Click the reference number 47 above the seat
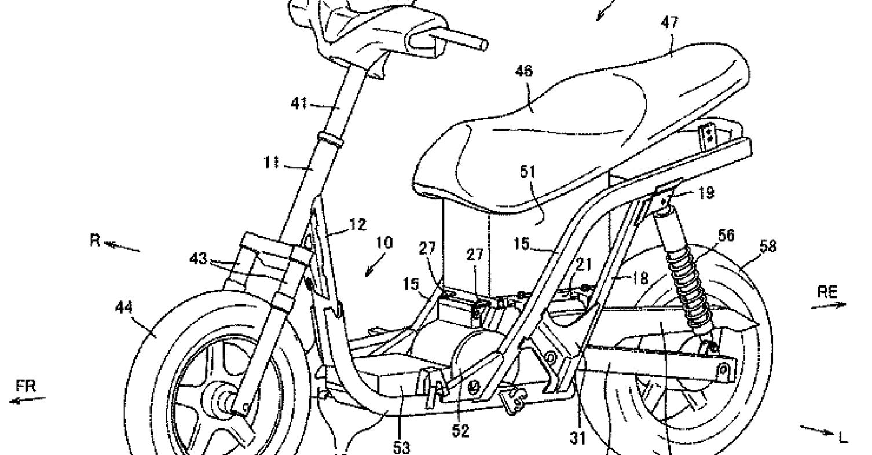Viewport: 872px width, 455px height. pos(669,23)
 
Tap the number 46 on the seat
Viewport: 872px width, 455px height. pos(524,71)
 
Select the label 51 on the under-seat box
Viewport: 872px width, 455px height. pos(528,172)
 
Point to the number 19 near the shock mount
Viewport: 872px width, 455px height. pos(706,192)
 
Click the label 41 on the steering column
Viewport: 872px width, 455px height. pos(299,104)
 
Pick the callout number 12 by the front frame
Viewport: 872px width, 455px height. pos(358,225)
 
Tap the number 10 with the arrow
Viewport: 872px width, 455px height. pos(384,243)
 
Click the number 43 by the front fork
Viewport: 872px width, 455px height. pos(198,258)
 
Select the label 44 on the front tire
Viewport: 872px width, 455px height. pos(124,308)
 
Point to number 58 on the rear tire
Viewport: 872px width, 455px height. pos(768,247)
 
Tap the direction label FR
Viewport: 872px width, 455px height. pos(26,387)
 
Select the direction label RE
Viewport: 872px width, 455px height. pos(827,292)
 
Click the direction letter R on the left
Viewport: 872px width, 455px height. pos(95,241)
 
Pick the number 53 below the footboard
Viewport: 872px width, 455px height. pos(401,447)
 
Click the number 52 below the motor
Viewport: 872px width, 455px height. pos(460,431)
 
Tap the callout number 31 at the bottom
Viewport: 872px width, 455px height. pos(578,438)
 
